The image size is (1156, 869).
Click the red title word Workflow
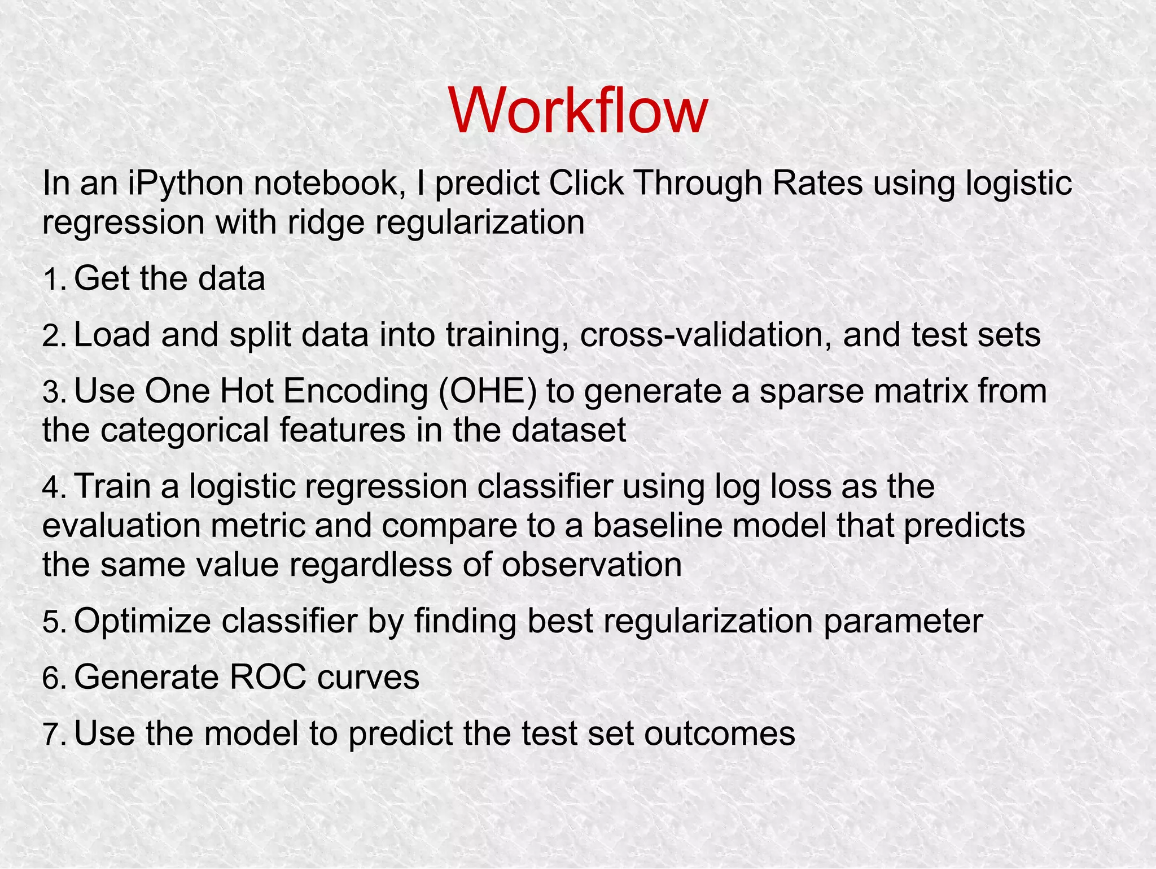(578, 111)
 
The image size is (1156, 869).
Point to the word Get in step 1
(102, 279)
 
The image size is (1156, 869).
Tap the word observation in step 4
(592, 565)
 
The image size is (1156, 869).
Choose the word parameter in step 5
(903, 621)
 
